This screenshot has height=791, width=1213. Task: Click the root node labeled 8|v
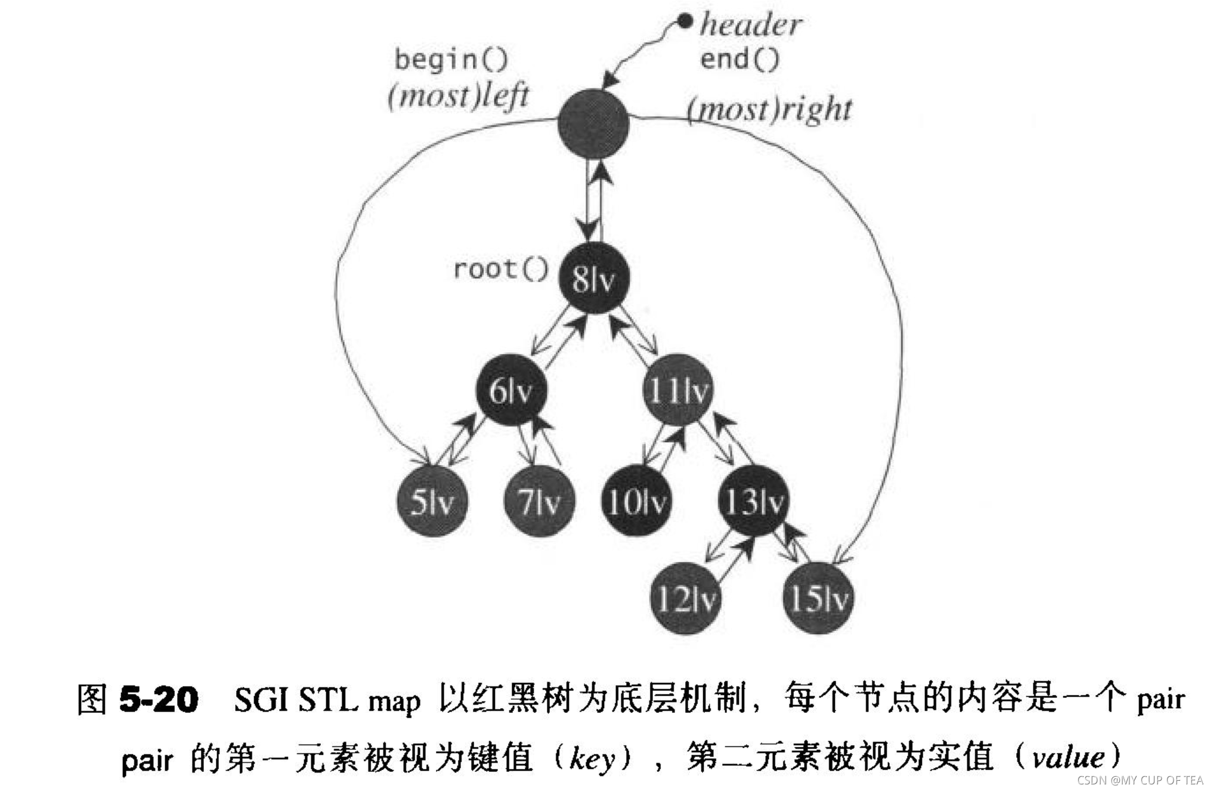[593, 278]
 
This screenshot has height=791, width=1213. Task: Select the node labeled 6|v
[511, 390]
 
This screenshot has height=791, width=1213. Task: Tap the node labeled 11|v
[678, 390]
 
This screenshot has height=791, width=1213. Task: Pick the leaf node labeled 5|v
[432, 501]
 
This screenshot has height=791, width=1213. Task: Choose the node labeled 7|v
[539, 501]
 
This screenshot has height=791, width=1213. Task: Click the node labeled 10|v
[636, 501]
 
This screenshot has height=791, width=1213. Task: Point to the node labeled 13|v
[753, 501]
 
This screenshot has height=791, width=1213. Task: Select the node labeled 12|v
[685, 598]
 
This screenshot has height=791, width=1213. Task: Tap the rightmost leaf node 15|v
[818, 598]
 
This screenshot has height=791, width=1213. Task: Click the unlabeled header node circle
[593, 124]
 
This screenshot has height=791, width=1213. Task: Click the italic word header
[751, 25]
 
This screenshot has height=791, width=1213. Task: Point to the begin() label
[451, 60]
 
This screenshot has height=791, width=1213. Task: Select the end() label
[739, 59]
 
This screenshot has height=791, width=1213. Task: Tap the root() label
[500, 269]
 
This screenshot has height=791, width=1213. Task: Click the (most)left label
[458, 96]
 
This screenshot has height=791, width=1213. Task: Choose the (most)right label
[769, 110]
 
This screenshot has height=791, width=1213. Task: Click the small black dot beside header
[686, 22]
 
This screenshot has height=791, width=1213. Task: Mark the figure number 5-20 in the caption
[159, 699]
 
